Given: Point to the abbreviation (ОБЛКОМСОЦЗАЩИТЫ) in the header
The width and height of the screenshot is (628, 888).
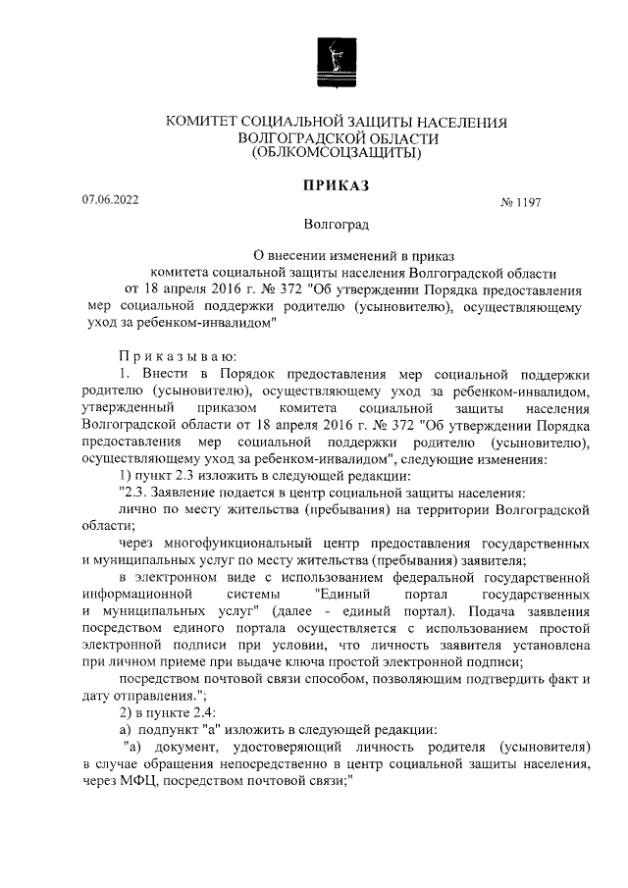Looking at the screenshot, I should (x=336, y=153).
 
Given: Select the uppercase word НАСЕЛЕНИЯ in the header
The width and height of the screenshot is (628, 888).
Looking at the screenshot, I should (x=457, y=123).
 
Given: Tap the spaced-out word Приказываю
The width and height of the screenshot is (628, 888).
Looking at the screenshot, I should (x=171, y=356).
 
